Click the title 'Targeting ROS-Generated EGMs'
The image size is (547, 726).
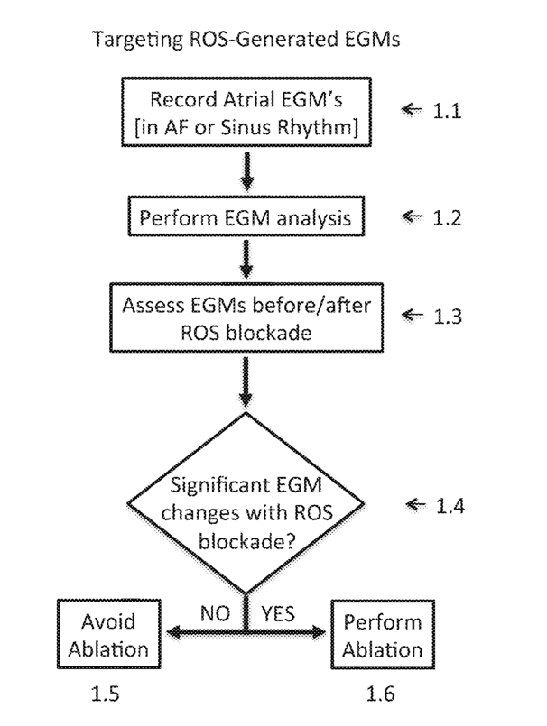tap(246, 40)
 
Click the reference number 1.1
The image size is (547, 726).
tap(447, 111)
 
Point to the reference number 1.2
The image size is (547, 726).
tap(447, 217)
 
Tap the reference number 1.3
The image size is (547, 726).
tap(448, 317)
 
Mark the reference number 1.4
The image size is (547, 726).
tap(450, 506)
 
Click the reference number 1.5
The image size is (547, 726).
tap(105, 694)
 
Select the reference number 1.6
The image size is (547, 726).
tap(381, 694)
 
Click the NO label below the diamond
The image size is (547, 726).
tap(215, 613)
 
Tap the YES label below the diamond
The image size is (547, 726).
tap(278, 613)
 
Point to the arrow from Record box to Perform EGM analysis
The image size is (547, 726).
tap(247, 171)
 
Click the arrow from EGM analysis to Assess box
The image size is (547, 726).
tap(246, 260)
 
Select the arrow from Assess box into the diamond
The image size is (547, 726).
tap(246, 383)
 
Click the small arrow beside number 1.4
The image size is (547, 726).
tap(415, 504)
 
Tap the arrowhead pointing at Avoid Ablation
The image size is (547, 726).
tap(174, 632)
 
